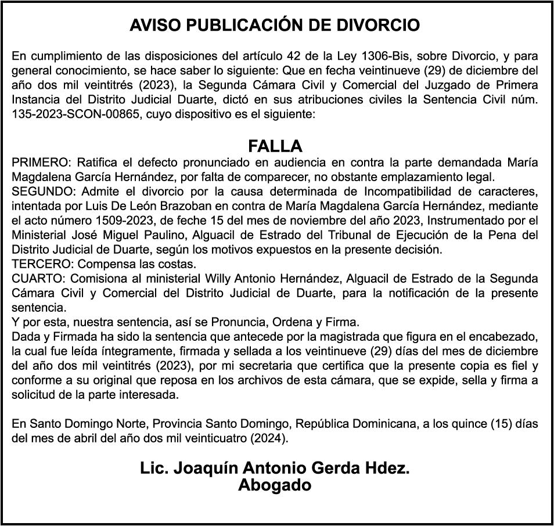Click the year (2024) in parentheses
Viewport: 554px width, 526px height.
(268, 438)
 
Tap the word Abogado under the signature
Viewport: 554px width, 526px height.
(275, 485)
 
